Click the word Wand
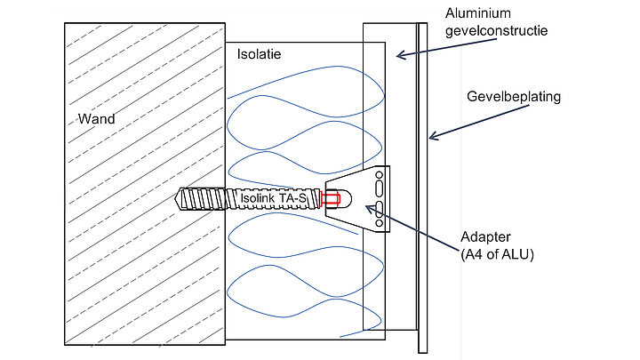[96, 119]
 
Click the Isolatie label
[260, 54]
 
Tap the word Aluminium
[478, 13]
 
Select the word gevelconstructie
[496, 30]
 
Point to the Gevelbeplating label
[514, 97]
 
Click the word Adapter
[485, 237]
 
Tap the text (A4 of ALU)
[497, 254]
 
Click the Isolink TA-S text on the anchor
[273, 198]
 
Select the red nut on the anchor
[331, 199]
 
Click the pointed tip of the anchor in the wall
[175, 199]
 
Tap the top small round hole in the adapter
[380, 175]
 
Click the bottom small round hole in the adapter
[380, 223]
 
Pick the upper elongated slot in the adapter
[380, 189]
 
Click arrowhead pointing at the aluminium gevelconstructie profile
[400, 55]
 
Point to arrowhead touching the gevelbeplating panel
[433, 136]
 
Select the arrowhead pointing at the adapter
[369, 209]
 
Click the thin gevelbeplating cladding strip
[423, 188]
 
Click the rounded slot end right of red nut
[346, 199]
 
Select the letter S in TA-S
[302, 198]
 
